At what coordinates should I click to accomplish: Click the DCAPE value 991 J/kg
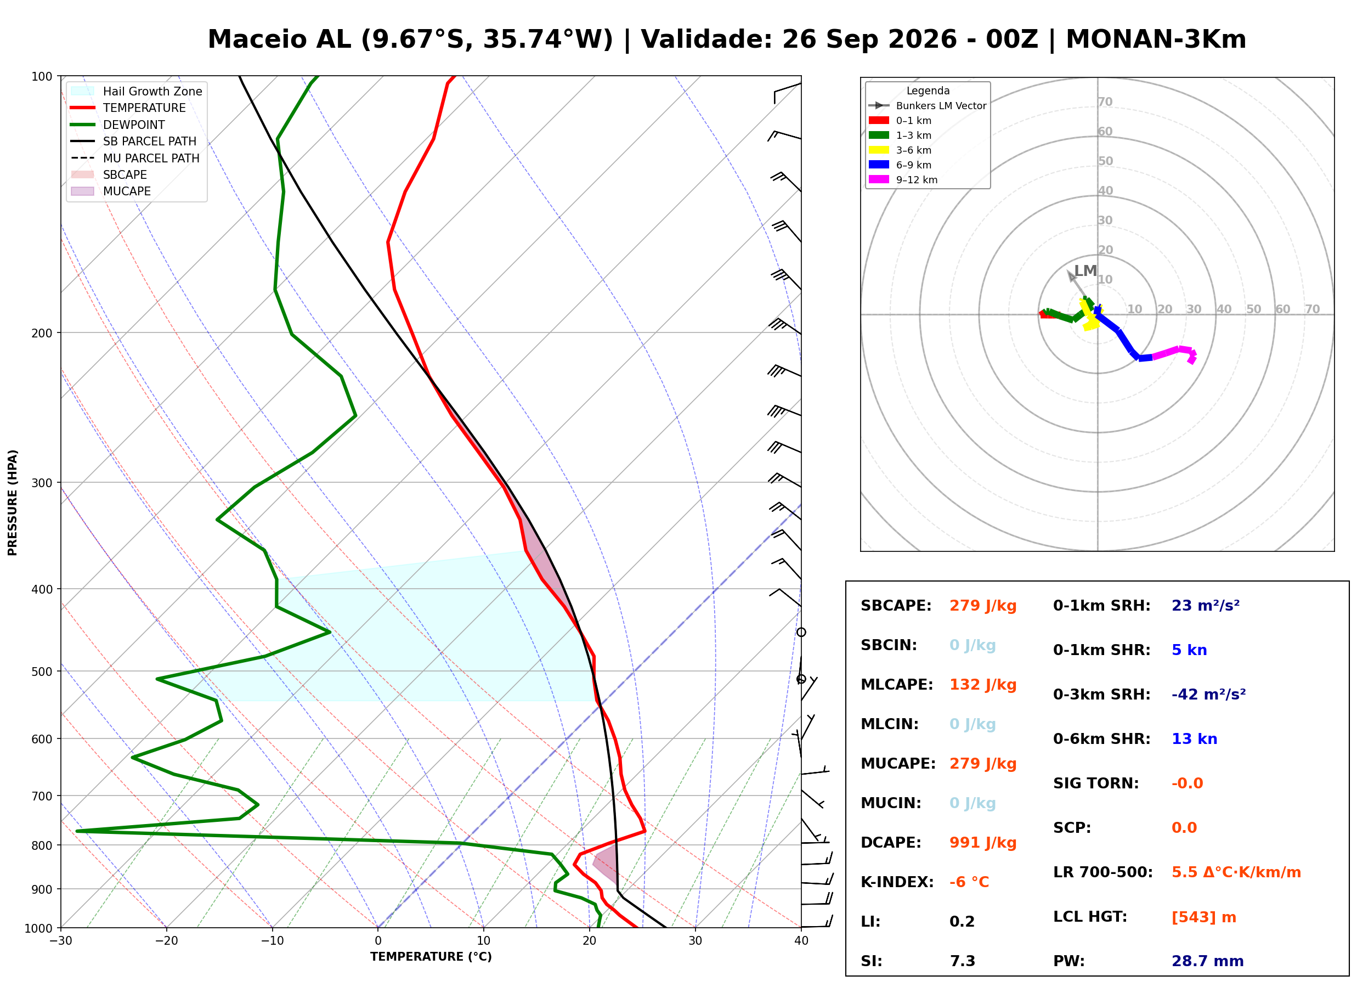[982, 842]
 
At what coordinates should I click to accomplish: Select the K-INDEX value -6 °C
[969, 882]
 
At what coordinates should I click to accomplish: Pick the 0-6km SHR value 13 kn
[1194, 738]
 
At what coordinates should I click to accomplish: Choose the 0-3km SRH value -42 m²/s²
[1208, 694]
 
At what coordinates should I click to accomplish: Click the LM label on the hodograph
[1085, 270]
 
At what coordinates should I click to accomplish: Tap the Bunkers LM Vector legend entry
[928, 106]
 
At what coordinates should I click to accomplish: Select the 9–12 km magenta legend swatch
[878, 179]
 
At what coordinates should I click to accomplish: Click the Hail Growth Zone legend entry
[137, 91]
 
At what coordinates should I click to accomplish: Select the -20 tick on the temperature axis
[166, 941]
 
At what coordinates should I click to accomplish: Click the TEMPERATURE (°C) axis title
[431, 957]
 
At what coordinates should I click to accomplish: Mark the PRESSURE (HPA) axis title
[13, 503]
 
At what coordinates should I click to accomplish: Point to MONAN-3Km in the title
[1156, 40]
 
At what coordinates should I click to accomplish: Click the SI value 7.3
[962, 961]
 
